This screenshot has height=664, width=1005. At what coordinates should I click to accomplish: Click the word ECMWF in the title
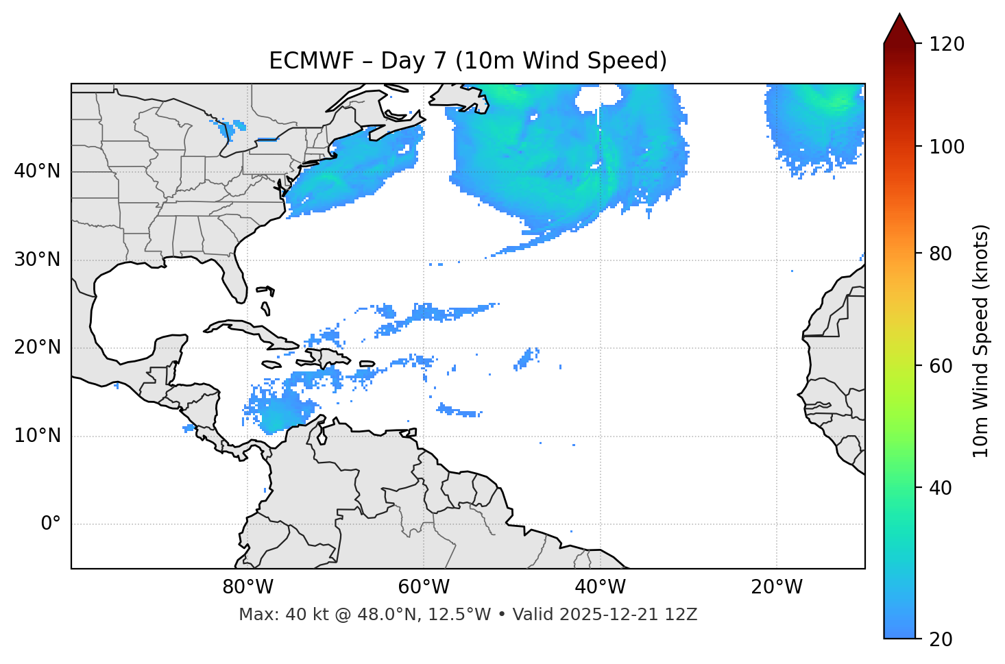coord(302,61)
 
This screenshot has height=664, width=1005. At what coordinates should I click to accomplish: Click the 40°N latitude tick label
coord(37,171)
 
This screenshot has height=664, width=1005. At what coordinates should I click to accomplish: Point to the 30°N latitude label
coord(37,260)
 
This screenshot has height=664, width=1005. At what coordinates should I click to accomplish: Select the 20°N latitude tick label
coord(37,347)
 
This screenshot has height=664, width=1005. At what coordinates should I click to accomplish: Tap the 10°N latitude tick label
coord(37,436)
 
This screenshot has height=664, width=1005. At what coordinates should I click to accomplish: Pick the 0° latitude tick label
coord(51,524)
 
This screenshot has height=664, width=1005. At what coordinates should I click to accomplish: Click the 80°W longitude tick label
coord(247,587)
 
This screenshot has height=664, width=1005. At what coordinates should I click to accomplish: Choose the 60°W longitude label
coord(424,587)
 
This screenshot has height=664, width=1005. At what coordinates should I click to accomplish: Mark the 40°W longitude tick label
coord(600,587)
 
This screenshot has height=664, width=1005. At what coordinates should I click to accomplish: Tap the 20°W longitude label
coord(777,587)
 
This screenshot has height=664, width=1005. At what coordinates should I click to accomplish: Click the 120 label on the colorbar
coord(946,45)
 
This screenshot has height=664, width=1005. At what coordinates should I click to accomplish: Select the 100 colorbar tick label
coord(946,147)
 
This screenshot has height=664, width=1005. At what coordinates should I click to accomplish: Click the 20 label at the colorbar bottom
coord(942,639)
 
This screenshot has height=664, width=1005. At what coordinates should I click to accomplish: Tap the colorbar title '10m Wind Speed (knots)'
coord(981,341)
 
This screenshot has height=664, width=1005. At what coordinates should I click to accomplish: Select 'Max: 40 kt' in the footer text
coord(269,615)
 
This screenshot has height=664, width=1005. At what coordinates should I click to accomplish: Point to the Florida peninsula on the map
coord(235,278)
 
